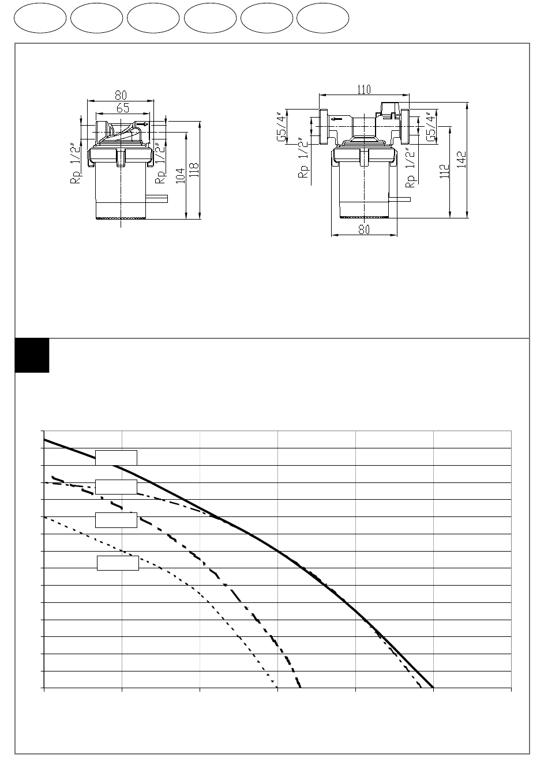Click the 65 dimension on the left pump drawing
click(x=123, y=108)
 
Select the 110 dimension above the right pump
click(x=364, y=89)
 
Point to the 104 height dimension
click(x=180, y=176)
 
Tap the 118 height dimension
click(x=194, y=170)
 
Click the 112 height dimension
click(x=444, y=171)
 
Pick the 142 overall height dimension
click(x=461, y=159)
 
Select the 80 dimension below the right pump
click(x=364, y=229)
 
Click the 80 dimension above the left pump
click(x=121, y=95)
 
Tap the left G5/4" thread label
click(x=281, y=127)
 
